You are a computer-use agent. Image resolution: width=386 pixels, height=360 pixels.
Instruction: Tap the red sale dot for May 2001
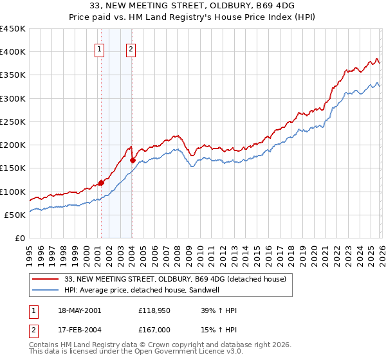pyautogui.click(x=101, y=183)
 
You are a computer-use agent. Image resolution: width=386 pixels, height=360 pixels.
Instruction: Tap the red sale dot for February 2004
pyautogui.click(x=133, y=161)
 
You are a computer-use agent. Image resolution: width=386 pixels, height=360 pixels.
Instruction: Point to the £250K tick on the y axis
pyautogui.click(x=13, y=122)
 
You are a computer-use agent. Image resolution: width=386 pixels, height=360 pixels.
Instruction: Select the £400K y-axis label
pyautogui.click(x=13, y=52)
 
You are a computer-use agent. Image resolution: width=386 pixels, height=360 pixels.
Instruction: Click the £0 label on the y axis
pyautogui.click(x=19, y=238)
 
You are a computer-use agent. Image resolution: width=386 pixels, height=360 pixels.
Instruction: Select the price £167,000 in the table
pyautogui.click(x=154, y=330)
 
